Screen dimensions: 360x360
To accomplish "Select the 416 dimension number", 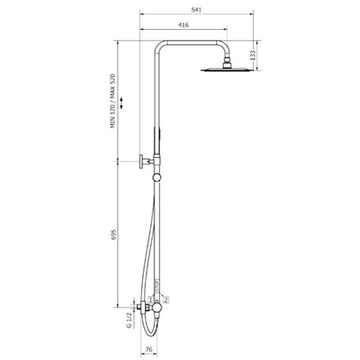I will click(x=181, y=26).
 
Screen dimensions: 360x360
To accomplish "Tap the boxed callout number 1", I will click(x=150, y=299).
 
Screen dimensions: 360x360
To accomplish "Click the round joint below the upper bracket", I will click(x=155, y=177).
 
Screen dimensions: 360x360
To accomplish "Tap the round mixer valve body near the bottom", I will click(x=155, y=312).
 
